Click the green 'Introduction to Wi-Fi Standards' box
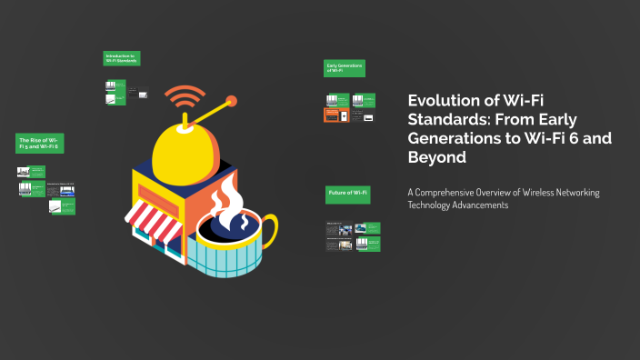[x=121, y=58]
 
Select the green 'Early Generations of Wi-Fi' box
[x=345, y=69]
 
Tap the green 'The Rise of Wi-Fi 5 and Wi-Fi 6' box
[x=39, y=143]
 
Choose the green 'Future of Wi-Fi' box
[x=347, y=194]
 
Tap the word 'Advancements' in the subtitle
[x=476, y=205]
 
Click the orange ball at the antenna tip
[x=231, y=100]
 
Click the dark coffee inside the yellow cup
[x=232, y=224]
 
